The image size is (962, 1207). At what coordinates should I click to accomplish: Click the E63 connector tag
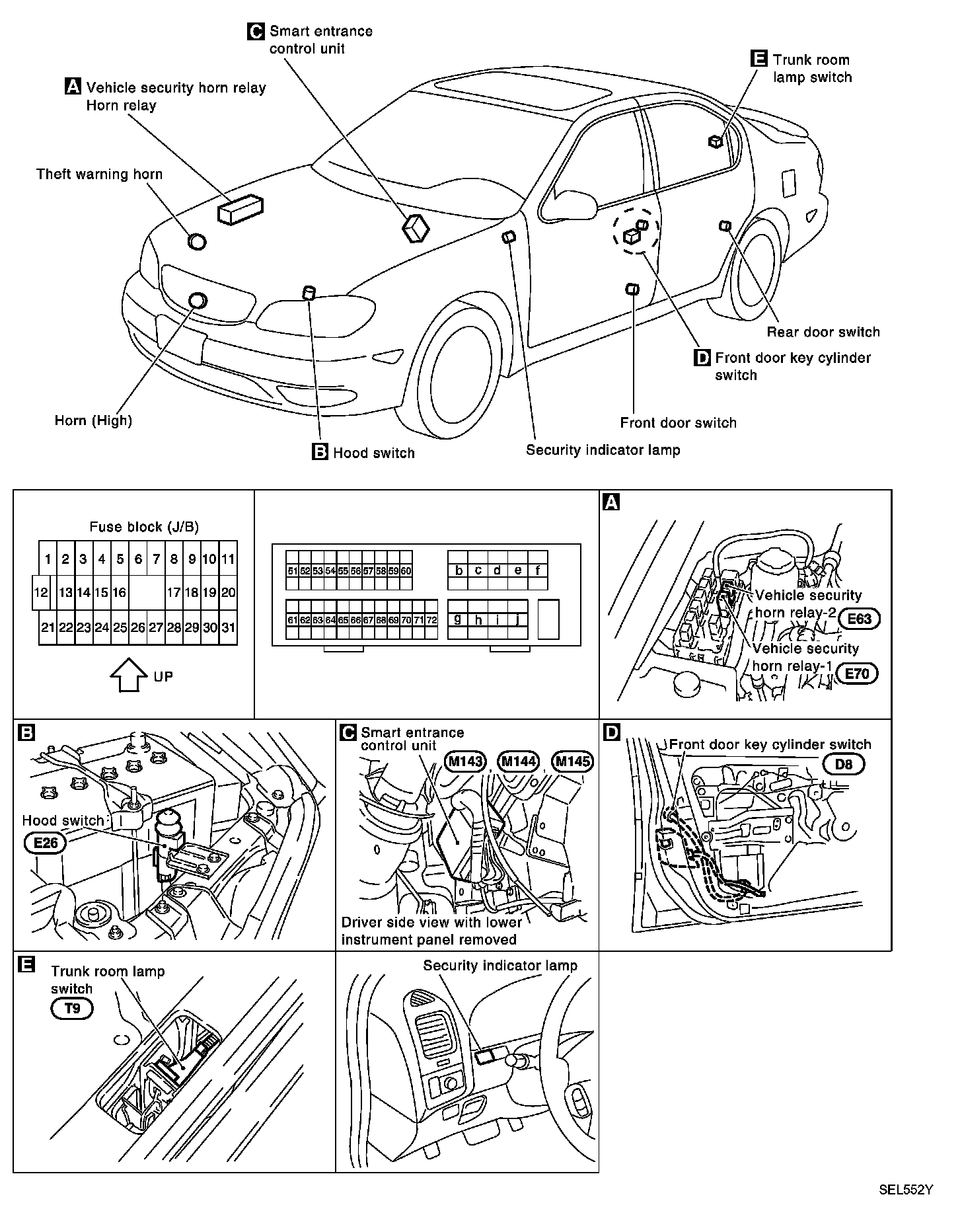click(860, 619)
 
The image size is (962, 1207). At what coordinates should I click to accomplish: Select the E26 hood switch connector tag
click(42, 843)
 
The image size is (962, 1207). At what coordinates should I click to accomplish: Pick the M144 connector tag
click(518, 761)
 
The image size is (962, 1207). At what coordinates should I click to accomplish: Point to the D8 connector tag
click(844, 765)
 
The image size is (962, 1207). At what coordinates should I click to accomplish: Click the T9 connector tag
click(72, 1009)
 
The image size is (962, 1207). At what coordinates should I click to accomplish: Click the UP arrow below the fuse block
click(128, 676)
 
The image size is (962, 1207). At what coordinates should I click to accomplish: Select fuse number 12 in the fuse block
click(40, 593)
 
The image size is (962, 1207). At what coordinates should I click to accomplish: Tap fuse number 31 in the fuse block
click(228, 627)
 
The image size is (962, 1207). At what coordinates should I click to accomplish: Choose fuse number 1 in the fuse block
click(48, 559)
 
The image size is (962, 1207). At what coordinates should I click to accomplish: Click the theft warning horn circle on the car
click(197, 241)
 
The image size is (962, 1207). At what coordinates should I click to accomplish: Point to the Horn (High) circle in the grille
click(198, 301)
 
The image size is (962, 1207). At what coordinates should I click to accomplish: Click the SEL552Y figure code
click(905, 1189)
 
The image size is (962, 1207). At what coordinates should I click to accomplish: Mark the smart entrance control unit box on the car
click(416, 229)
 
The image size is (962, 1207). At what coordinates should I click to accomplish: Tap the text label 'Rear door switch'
click(823, 332)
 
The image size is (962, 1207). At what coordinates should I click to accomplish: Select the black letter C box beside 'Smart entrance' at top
click(256, 31)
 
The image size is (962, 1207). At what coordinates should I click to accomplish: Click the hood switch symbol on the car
click(309, 293)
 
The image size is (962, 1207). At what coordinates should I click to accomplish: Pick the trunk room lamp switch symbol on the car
click(715, 141)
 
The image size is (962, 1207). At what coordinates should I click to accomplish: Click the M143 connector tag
click(465, 761)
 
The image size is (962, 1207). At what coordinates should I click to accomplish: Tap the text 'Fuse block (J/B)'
click(144, 527)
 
